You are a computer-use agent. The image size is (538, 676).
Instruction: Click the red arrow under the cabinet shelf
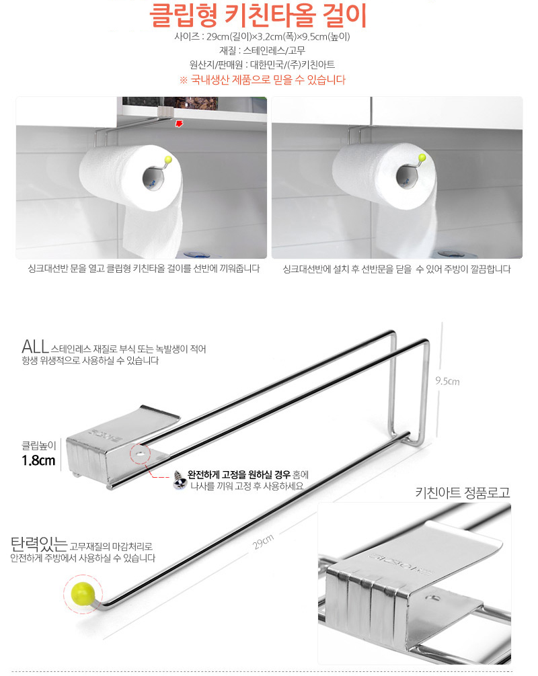(179, 124)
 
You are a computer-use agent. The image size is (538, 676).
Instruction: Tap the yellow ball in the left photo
(168, 159)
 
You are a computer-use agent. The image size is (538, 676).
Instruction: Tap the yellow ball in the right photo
(422, 158)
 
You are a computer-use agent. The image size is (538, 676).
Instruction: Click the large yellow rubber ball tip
(82, 594)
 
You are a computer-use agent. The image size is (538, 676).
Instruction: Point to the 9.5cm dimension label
(447, 381)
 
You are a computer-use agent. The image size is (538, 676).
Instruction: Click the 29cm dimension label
(263, 542)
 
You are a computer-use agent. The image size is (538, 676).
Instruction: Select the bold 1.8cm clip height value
(38, 460)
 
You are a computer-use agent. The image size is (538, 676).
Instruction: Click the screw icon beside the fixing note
(179, 480)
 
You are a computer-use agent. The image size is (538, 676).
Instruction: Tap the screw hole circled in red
(141, 454)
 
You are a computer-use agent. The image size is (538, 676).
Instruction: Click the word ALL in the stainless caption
(35, 347)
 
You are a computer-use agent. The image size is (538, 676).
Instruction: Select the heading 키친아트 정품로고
(463, 493)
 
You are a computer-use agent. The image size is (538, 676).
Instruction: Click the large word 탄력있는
(39, 544)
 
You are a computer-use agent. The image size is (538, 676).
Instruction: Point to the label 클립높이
(39, 446)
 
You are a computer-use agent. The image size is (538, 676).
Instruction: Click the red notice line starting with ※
(263, 80)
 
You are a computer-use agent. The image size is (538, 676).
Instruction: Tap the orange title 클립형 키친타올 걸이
(258, 15)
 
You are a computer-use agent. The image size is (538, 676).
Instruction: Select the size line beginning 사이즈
(262, 37)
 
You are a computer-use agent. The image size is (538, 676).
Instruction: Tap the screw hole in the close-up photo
(432, 597)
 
